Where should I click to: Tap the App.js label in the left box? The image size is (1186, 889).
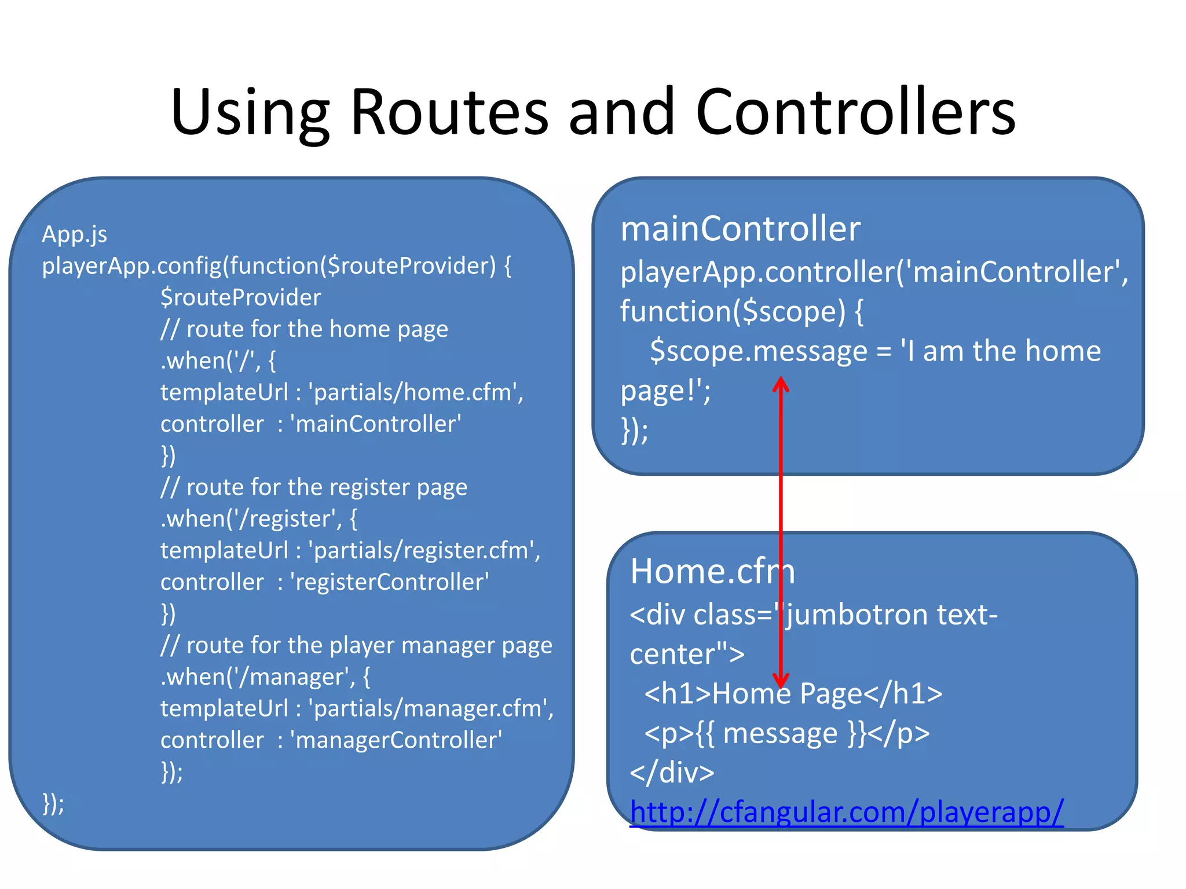tap(74, 234)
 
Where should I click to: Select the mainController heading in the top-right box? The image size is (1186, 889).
tap(740, 229)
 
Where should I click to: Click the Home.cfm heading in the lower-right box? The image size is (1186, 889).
tap(712, 571)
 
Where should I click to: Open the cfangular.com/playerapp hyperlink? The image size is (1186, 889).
tap(846, 812)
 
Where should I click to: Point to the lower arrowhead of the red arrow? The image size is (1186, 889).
tap(781, 680)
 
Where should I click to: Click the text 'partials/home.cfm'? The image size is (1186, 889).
tap(416, 392)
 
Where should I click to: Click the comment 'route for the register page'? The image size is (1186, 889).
tap(327, 487)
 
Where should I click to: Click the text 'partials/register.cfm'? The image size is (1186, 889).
tap(424, 550)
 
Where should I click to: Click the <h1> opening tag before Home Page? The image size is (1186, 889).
tap(677, 693)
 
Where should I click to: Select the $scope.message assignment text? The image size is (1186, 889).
tap(759, 351)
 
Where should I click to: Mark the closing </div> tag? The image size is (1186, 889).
tap(672, 773)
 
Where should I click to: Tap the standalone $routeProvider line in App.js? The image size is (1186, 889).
tap(240, 297)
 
